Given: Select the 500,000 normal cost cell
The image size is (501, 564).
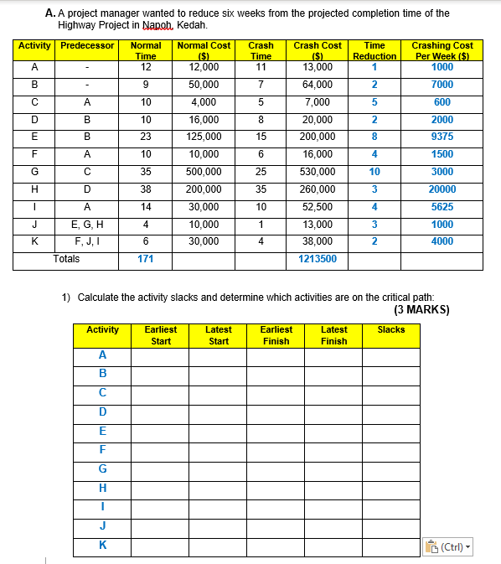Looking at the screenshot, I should click(x=204, y=172).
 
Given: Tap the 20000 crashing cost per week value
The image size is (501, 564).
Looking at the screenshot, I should click(x=442, y=189).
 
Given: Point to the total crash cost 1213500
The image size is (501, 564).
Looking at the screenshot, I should click(x=318, y=259).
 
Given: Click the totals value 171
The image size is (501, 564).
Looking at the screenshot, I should click(x=146, y=259).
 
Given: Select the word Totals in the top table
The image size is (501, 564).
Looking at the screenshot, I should click(x=66, y=259).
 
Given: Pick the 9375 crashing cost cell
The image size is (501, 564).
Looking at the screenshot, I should click(x=442, y=137).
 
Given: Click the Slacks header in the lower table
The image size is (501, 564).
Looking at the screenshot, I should click(x=391, y=329).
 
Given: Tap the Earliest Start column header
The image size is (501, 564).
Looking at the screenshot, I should click(x=161, y=335).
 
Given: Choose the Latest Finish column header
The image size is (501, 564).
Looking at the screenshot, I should click(x=333, y=335).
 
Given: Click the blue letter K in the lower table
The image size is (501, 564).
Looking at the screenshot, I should click(x=103, y=546).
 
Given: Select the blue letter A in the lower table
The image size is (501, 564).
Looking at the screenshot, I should click(x=103, y=354).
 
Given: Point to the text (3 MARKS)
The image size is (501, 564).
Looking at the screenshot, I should click(x=421, y=309).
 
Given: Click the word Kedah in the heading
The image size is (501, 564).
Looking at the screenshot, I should click(x=189, y=25).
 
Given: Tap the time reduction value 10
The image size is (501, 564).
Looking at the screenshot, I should click(x=374, y=172).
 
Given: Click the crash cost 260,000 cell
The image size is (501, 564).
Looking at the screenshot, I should click(x=318, y=189).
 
